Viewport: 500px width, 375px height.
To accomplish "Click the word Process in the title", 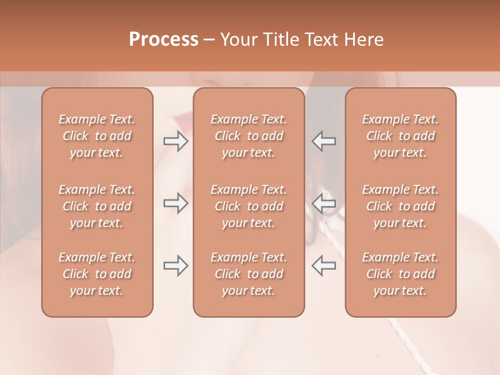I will click(164, 40).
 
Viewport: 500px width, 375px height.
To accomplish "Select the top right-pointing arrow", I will click(176, 141).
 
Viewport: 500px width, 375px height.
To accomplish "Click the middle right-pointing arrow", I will click(176, 203).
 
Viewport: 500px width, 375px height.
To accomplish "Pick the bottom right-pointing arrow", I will click(176, 266).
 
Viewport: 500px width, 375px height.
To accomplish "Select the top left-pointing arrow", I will click(323, 141).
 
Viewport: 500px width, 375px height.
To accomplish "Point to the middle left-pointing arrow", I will click(323, 203).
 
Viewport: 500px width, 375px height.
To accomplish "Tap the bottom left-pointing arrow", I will click(323, 266).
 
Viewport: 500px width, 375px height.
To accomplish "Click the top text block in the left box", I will click(97, 136).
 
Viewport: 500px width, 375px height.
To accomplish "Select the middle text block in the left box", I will click(97, 206).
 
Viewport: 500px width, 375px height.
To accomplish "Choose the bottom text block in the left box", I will click(97, 274).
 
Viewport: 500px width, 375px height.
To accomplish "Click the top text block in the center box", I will click(249, 136).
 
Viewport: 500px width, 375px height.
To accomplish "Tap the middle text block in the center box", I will click(249, 206).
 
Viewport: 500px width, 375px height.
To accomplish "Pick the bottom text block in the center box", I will click(249, 274).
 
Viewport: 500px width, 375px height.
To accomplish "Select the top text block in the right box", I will click(401, 136).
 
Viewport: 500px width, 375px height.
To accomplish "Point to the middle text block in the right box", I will click(401, 206).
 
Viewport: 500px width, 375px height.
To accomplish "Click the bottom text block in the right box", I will click(401, 274).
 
